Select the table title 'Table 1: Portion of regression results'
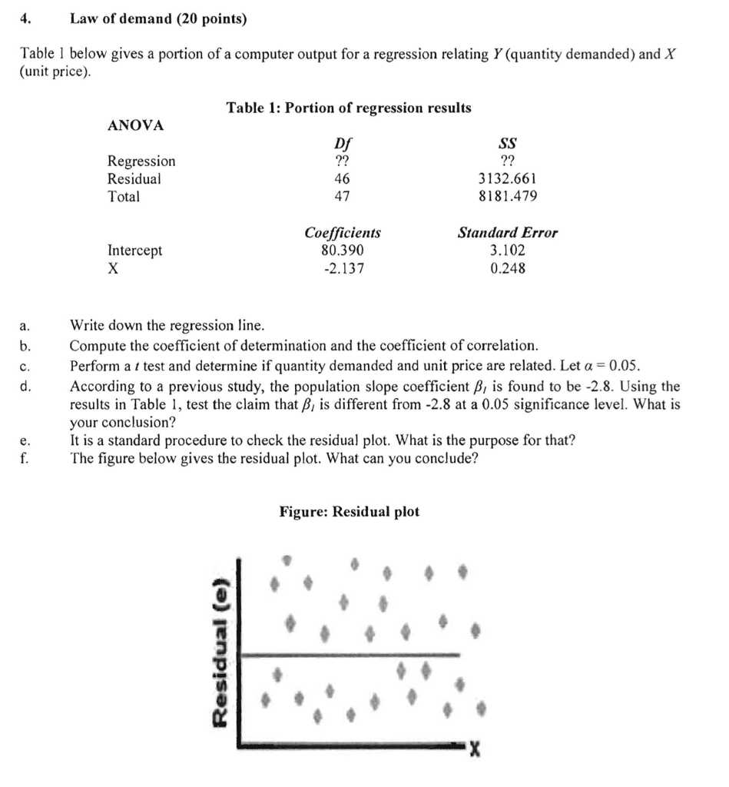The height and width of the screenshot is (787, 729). pos(349,108)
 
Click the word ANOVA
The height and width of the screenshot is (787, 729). pos(136,125)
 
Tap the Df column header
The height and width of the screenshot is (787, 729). pos(343,144)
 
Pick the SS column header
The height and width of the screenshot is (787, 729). pos(508,144)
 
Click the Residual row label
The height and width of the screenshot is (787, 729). pos(134,179)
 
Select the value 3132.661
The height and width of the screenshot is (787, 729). pos(507,179)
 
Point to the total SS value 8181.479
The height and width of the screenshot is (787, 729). pos(507,197)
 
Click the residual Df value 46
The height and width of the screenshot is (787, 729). pos(342,179)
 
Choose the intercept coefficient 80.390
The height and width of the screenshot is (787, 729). pos(342,251)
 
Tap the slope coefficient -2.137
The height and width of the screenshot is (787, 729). pos(342,268)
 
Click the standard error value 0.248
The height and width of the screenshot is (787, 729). pos(507,268)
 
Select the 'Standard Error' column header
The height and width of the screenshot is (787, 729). pos(508,233)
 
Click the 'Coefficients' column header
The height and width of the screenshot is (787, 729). pos(343,233)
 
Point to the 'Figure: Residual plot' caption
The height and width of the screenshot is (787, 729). pos(349,512)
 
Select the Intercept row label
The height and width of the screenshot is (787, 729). pos(134,251)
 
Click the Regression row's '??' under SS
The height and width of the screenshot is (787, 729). pos(507,161)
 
